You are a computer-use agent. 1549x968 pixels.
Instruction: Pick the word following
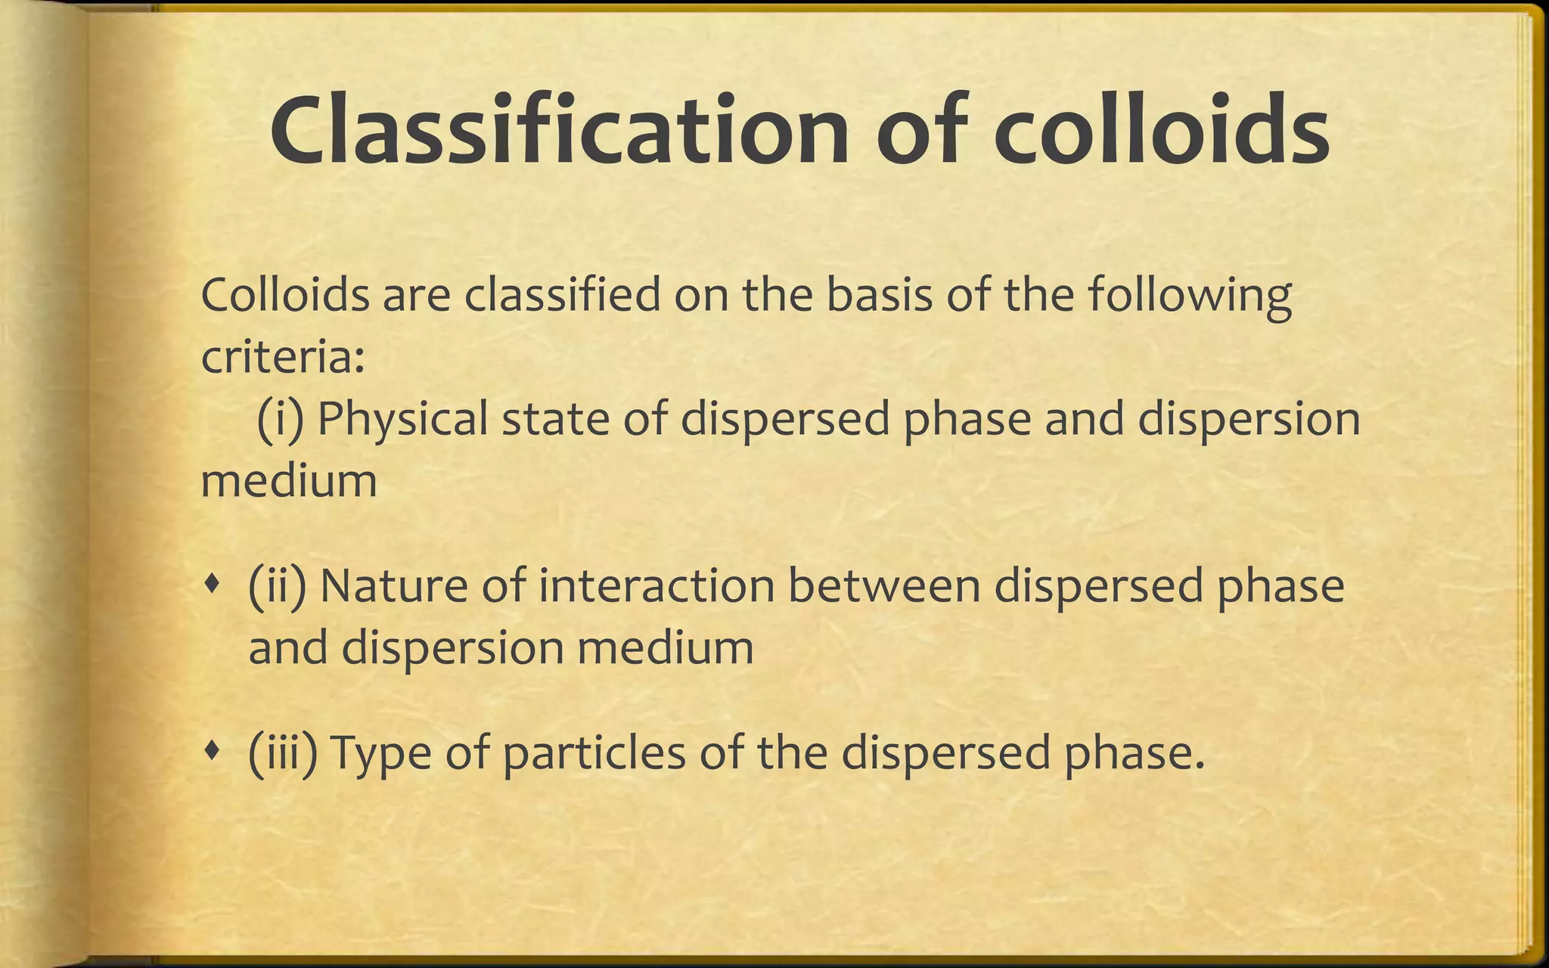point(1190,296)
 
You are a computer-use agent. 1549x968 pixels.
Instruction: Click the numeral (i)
point(280,419)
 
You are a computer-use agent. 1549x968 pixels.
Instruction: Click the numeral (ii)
point(277,586)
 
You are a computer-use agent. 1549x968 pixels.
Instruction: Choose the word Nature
point(393,586)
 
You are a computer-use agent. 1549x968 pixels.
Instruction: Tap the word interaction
point(657,586)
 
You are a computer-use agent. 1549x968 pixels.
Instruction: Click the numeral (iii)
point(282,753)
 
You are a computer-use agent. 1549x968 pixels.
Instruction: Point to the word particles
point(594,755)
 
